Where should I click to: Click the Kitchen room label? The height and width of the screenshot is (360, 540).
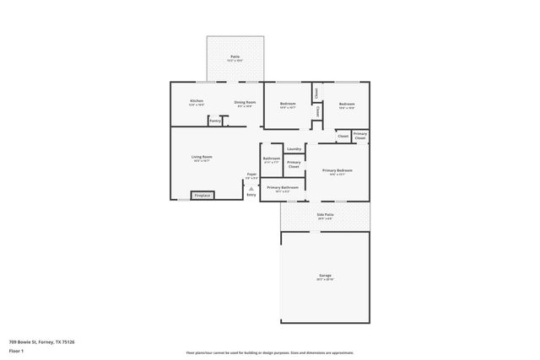[196, 101]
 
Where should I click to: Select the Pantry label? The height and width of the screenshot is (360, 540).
[215, 121]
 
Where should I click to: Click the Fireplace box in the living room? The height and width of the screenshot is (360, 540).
[202, 196]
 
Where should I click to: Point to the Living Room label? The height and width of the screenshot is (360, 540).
[201, 157]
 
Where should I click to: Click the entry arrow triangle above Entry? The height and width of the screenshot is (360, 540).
[251, 188]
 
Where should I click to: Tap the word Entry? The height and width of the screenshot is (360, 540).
[251, 195]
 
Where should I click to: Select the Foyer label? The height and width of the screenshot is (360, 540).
[251, 175]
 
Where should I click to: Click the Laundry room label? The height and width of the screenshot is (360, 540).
[294, 148]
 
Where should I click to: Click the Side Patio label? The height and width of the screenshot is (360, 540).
[325, 214]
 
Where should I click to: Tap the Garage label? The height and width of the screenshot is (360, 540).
[325, 276]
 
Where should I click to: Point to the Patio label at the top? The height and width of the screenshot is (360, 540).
[235, 56]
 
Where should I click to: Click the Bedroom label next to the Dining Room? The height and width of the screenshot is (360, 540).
[287, 104]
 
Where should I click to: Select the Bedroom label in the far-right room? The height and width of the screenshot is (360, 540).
[346, 104]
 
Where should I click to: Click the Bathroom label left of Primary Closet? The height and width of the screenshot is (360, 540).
[271, 158]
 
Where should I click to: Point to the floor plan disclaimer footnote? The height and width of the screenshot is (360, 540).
[269, 352]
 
